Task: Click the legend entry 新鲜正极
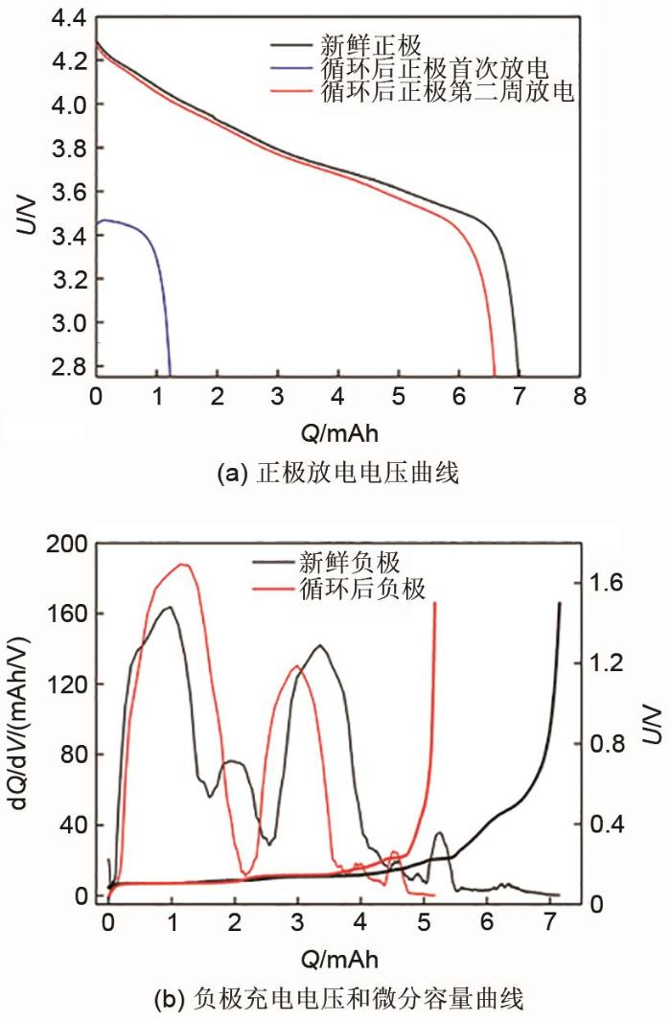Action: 367,45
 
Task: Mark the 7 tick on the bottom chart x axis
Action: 549,922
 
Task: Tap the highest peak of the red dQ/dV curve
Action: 180,565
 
